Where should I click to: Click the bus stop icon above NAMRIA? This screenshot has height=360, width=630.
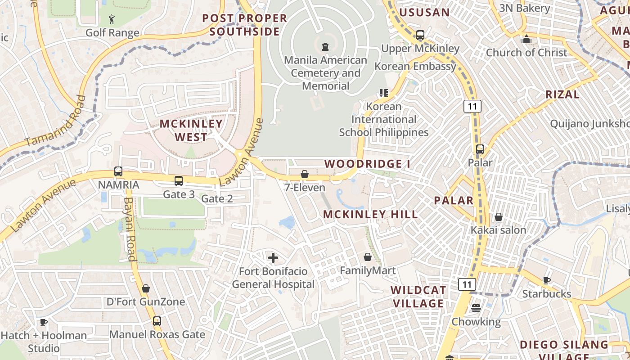point(118,171)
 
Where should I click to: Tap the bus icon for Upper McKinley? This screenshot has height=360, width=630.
point(420,35)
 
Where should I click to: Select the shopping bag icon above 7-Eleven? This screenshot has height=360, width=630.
point(305,174)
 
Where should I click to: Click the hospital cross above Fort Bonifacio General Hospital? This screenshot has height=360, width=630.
point(273,258)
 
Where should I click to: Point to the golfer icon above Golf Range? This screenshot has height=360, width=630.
point(112,19)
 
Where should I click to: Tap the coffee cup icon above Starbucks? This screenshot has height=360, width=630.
point(546,281)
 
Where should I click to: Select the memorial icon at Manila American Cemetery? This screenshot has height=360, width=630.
point(325,46)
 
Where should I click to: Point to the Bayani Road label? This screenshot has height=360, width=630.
point(130,229)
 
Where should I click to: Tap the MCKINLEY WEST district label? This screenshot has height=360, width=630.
point(191,130)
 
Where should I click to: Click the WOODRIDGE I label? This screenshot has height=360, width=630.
point(367,164)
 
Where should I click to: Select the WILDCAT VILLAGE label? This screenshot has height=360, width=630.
point(418,297)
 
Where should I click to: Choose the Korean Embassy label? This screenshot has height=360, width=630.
point(415,67)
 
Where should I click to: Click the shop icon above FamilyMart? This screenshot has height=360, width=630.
point(368,257)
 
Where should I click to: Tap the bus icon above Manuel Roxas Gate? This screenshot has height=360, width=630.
point(157,321)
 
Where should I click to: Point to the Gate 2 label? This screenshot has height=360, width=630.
point(217,198)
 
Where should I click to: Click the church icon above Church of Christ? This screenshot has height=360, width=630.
point(526,39)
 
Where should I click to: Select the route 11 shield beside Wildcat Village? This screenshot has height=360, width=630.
point(467,284)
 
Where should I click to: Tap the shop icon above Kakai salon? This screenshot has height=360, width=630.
point(498,217)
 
